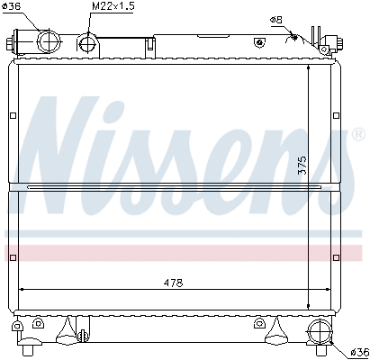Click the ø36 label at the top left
[x=18, y=7]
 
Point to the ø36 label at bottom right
[x=357, y=351]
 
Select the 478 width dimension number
[x=174, y=283]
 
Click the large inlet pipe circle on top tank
[x=45, y=41]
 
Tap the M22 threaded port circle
[x=87, y=41]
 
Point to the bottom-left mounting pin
[x=30, y=344]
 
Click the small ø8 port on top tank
[x=259, y=41]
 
